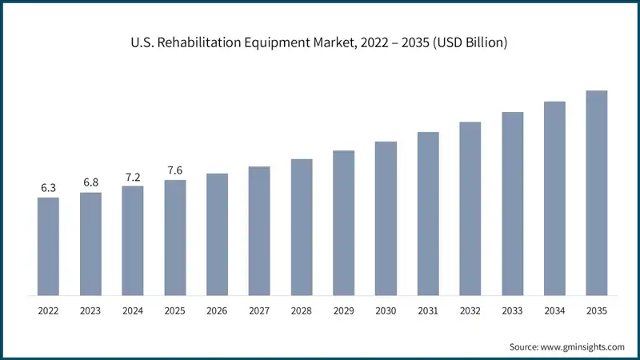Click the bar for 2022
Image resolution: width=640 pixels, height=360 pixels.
pos(49,246)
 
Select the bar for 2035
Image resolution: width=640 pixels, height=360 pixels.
pos(597,192)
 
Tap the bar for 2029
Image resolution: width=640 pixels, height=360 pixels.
pos(344,222)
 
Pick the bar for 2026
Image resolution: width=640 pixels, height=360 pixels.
pos(218,234)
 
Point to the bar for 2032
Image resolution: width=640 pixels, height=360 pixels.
pos(470,208)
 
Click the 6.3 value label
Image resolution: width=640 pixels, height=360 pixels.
pos(49,188)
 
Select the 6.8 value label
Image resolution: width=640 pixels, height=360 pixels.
pos(91,183)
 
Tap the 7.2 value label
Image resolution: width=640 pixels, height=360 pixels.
pos(133,177)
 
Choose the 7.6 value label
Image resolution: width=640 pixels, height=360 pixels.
pos(175,170)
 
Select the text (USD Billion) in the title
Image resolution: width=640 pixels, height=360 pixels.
pos(464,43)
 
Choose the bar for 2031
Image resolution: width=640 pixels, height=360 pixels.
pos(428,214)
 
